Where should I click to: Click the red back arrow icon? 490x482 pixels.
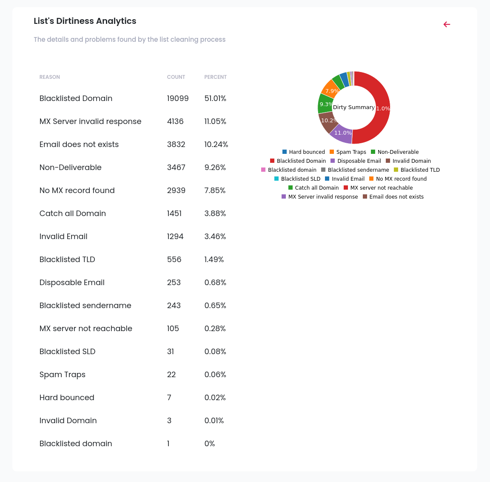tap(447, 24)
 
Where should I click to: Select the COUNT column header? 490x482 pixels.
tap(176, 77)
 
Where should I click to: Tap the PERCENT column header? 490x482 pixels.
tap(215, 77)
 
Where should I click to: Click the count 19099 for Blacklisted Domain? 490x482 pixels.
tap(177, 98)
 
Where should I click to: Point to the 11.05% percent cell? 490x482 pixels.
tap(215, 121)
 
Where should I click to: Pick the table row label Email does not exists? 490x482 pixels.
tap(79, 144)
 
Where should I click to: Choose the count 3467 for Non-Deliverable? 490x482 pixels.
tap(176, 167)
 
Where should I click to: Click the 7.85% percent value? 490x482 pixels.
tap(215, 190)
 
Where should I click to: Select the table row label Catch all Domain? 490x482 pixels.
tap(72, 214)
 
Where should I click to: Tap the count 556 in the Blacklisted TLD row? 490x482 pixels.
tap(174, 260)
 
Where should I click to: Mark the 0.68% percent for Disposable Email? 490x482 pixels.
tap(215, 283)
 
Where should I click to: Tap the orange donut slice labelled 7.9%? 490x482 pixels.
tap(331, 90)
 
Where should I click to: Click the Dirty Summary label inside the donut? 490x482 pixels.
tap(353, 107)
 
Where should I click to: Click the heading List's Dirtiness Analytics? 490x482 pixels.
tap(85, 21)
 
